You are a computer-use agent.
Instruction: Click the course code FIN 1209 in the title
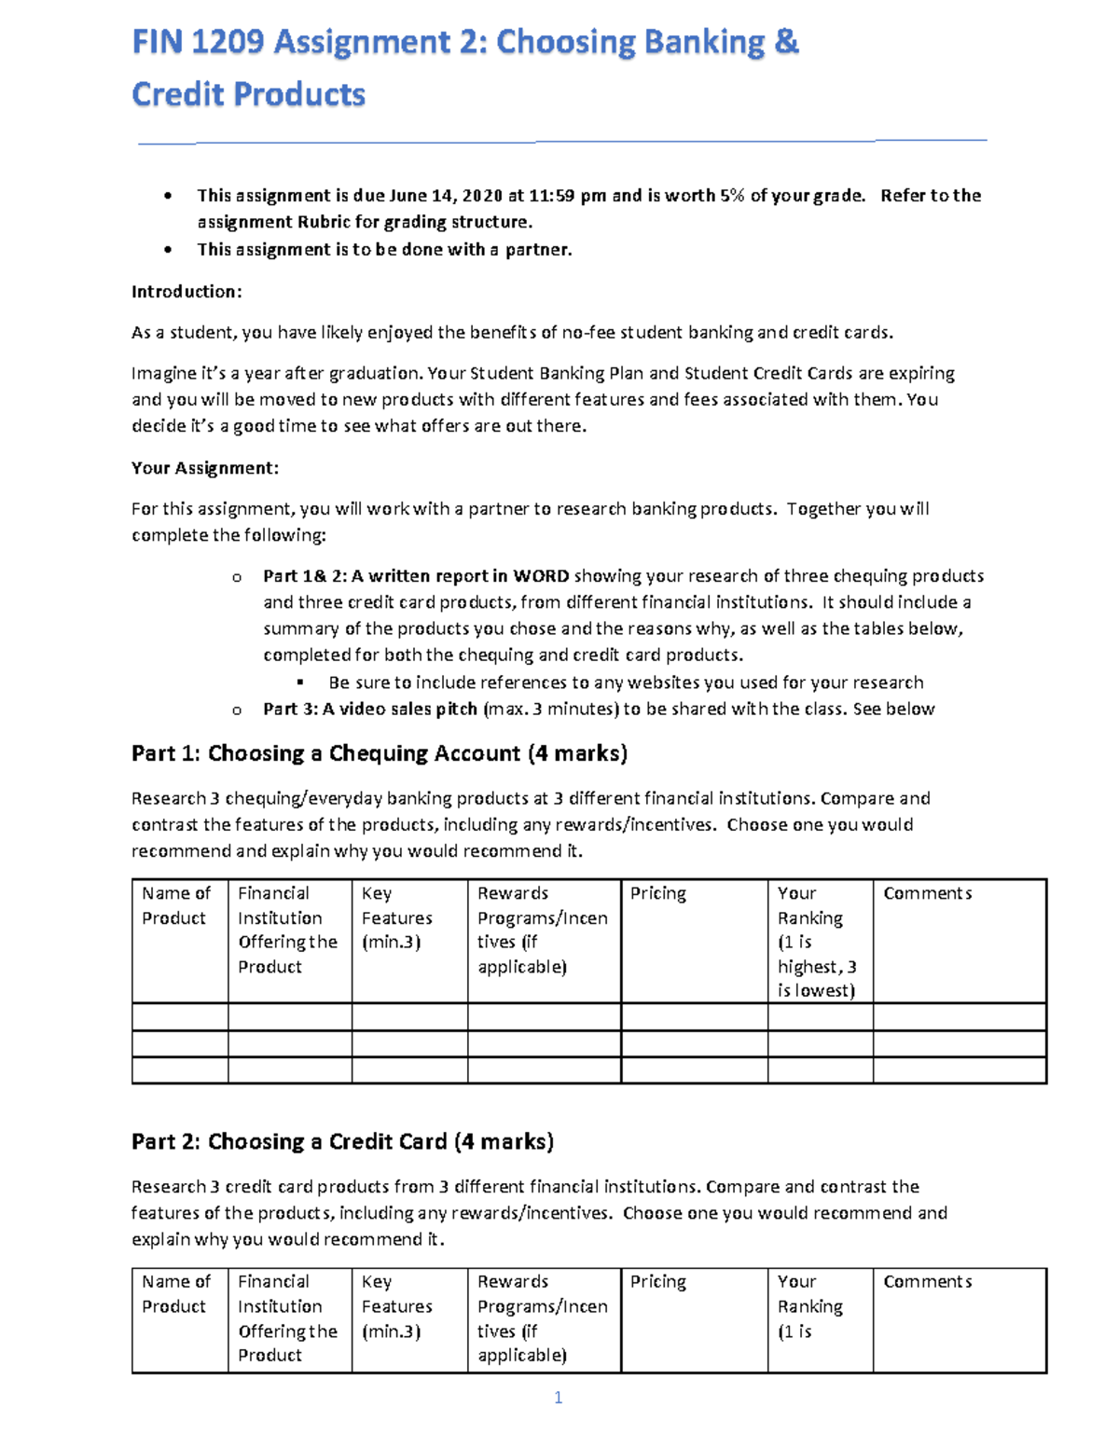click(198, 43)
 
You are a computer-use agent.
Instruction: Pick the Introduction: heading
click(186, 292)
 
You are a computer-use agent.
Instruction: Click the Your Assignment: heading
click(205, 468)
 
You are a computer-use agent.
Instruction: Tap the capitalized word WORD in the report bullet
click(541, 576)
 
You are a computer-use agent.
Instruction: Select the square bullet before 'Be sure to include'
click(300, 683)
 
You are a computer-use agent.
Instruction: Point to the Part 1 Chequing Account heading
click(379, 753)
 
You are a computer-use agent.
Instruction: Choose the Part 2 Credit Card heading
click(342, 1142)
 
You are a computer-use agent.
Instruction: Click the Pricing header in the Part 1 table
click(657, 893)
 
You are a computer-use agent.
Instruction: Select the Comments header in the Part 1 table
click(927, 893)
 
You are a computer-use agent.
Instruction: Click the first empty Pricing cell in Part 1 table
click(694, 1016)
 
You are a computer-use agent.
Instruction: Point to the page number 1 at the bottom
click(558, 1397)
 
